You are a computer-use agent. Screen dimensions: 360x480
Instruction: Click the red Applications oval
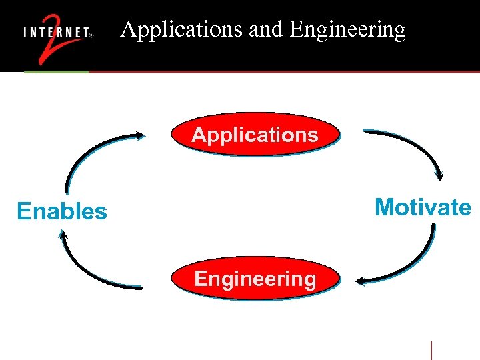[255, 134]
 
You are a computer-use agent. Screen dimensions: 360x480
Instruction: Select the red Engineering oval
[255, 278]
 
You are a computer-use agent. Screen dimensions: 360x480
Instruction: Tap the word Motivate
[423, 207]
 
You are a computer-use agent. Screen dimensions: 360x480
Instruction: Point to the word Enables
[62, 211]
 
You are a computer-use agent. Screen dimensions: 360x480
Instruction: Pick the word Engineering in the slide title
[348, 29]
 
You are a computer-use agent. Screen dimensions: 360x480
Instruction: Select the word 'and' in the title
[265, 29]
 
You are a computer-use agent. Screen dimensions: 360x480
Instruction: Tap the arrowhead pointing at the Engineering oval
[361, 281]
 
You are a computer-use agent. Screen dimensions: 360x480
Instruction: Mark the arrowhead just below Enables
[63, 235]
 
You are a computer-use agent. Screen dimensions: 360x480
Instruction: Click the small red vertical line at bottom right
[431, 350]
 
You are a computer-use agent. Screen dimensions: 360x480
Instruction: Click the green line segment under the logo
[57, 71]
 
